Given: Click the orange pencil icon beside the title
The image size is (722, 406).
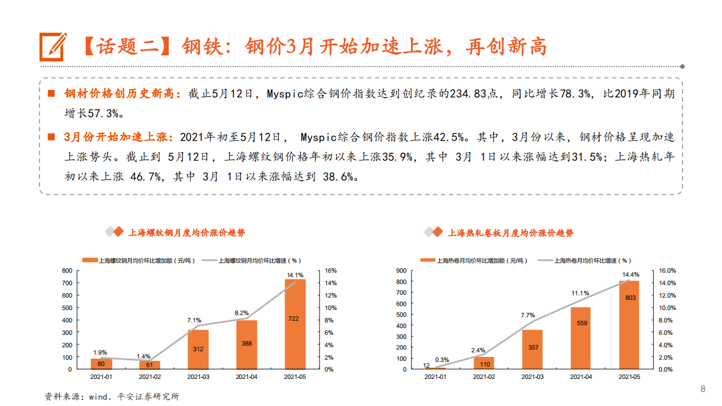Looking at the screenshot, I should [x=52, y=46].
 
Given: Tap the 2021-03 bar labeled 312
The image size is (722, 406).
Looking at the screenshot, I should [x=198, y=349].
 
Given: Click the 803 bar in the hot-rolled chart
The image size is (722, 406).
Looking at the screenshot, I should [x=629, y=325].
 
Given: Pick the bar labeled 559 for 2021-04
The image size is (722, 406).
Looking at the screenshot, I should [x=581, y=338].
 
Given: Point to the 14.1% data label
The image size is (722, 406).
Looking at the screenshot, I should [x=295, y=275].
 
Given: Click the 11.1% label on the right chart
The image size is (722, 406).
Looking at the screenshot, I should [x=580, y=293].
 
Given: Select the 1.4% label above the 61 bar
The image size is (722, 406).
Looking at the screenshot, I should [x=143, y=356].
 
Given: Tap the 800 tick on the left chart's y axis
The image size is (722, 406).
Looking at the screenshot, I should [x=67, y=270].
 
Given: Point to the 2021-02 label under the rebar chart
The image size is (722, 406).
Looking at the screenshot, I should [x=150, y=376].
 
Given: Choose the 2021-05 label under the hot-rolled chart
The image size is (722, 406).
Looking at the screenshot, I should [x=629, y=376].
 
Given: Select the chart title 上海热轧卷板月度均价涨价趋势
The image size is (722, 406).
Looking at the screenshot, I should [x=510, y=233].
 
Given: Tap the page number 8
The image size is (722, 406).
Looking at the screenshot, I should [x=703, y=388].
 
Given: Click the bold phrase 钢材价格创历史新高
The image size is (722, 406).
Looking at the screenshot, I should [x=121, y=94].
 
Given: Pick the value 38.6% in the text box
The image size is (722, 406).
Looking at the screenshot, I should [x=340, y=177].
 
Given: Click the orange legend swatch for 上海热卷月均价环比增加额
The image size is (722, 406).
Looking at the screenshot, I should [x=428, y=260].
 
